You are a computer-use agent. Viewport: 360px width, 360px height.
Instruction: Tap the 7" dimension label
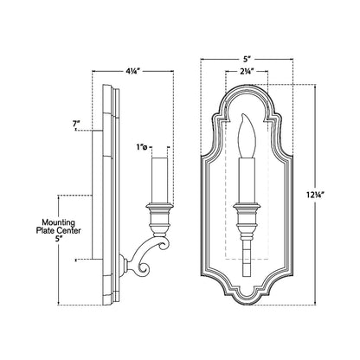click(x=77, y=125)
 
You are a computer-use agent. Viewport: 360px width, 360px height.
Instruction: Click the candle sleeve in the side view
click(x=159, y=178)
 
